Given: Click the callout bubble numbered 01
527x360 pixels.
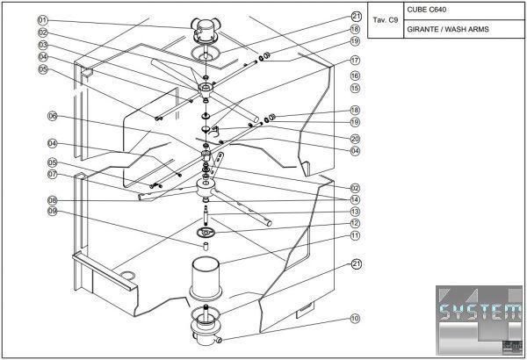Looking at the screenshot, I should click(42, 19).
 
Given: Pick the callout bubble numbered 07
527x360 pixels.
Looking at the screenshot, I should click(52, 174).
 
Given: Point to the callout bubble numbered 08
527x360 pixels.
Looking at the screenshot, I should click(52, 200).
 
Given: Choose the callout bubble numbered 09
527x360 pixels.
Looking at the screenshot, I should click(52, 212).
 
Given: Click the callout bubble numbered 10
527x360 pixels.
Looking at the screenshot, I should click(355, 319).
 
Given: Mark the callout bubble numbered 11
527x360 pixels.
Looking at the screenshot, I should click(355, 235).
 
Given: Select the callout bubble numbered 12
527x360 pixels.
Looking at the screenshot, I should click(355, 224).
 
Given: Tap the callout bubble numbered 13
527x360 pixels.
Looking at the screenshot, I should click(355, 212).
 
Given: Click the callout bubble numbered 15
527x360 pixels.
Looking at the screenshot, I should click(355, 88).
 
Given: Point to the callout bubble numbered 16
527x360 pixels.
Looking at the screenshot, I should click(355, 76).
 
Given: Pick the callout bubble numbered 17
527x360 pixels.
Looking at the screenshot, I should click(355, 61).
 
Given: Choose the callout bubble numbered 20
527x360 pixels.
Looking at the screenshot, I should click(355, 138).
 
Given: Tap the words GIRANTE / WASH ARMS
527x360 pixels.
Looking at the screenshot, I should click(448, 29).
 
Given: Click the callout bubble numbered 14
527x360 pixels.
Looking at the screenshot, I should click(355, 199).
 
